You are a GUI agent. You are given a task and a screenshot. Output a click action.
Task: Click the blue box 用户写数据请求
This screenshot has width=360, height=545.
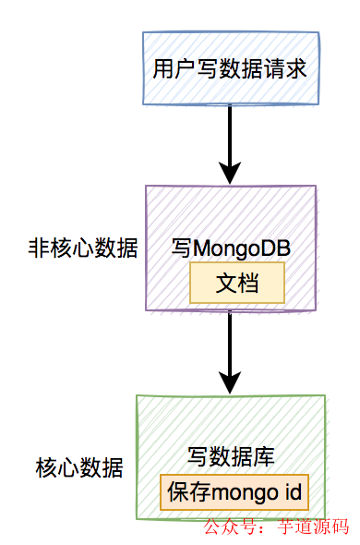(x=231, y=68)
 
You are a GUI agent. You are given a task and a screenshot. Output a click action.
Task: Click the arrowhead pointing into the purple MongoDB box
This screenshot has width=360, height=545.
(x=231, y=171)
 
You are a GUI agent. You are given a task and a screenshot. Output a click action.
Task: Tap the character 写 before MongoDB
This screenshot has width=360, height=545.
(x=182, y=248)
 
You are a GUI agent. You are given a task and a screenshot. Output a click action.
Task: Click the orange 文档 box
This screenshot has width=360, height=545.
(x=237, y=285)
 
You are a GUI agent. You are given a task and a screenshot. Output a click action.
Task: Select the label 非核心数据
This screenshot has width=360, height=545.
(x=83, y=248)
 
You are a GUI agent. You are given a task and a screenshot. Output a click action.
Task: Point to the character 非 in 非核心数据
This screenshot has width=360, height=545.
(x=39, y=248)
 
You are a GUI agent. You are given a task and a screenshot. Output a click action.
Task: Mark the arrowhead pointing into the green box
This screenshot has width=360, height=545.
(x=231, y=381)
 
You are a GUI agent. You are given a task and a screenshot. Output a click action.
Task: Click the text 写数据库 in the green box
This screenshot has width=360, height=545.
(x=231, y=456)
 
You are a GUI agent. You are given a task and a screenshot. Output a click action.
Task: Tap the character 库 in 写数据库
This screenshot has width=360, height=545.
(x=263, y=456)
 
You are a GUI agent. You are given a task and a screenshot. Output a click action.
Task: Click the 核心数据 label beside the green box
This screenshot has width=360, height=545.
(x=79, y=467)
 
